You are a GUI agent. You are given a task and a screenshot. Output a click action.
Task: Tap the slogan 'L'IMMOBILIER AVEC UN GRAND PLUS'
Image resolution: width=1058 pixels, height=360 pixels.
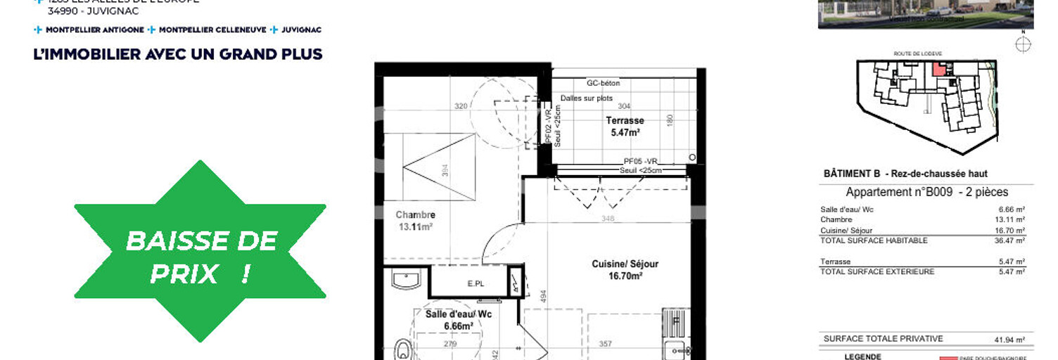coord(178,54)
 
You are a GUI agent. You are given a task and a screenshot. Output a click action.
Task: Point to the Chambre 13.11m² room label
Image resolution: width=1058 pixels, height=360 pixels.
coord(415,221)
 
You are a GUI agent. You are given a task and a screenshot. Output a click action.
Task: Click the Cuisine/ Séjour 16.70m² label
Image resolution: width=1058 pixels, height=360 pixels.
coord(625,270)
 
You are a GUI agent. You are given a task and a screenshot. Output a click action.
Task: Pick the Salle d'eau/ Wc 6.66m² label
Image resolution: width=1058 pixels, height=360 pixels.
coord(458,320)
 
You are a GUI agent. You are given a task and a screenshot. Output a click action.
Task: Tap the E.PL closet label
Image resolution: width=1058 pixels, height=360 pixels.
coord(476,284)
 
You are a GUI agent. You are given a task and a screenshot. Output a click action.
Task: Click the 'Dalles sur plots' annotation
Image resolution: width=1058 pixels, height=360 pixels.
coord(587,98)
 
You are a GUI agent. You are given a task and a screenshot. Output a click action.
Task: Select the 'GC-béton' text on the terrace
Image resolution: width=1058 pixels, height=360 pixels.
coord(603,84)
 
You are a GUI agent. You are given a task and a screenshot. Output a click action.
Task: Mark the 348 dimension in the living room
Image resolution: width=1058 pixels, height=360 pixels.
coord(608,219)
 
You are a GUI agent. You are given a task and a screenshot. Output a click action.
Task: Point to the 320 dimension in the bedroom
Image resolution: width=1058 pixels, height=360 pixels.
coord(461,106)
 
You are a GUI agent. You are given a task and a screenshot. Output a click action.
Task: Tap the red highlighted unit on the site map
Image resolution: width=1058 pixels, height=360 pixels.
coord(938,69)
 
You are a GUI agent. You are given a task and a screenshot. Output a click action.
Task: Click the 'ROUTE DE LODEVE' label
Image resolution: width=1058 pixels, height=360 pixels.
coord(917,53)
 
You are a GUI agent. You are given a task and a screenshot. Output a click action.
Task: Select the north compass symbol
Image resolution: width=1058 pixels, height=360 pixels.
coord(1024,44)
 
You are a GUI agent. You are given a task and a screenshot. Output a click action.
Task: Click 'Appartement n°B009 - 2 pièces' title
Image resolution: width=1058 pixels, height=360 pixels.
coord(926,192)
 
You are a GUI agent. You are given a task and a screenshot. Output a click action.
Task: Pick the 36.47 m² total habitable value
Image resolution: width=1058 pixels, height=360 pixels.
coord(1011,240)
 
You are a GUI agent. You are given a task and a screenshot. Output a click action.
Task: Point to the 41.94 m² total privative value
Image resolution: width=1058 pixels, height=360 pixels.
coord(1009,339)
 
